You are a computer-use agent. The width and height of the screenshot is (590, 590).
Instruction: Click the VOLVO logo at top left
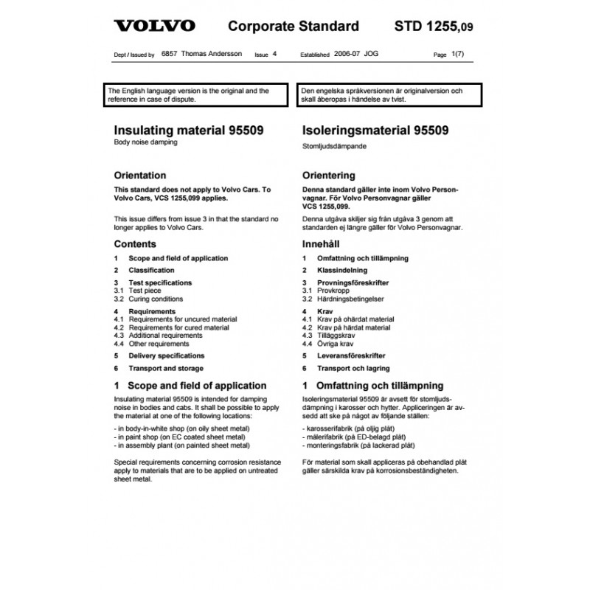(154, 27)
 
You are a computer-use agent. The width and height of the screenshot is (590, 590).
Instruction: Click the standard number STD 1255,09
(434, 27)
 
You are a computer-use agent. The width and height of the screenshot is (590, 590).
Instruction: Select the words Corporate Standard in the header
(294, 27)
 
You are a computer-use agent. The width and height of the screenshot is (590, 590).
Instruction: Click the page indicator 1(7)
(458, 55)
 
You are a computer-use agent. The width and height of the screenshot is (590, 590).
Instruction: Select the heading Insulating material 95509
(189, 131)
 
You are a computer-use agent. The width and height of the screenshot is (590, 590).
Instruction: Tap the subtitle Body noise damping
(146, 142)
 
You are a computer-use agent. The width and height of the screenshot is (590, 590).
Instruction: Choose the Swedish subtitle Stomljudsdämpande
(336, 146)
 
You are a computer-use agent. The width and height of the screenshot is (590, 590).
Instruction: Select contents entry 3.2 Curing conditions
(149, 299)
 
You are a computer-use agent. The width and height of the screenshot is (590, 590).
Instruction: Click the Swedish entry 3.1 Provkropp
(326, 291)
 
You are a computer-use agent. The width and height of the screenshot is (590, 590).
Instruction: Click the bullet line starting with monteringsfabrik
(358, 445)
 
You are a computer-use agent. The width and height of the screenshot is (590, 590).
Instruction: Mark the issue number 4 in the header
(274, 55)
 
